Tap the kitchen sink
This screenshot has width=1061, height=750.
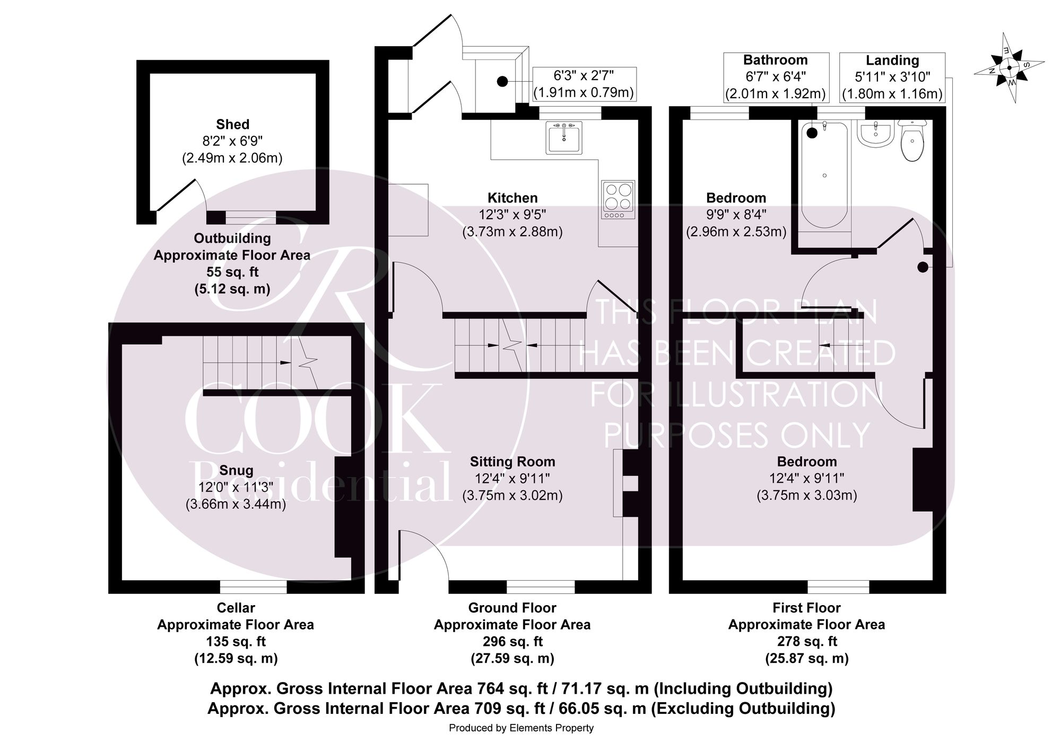[564, 137]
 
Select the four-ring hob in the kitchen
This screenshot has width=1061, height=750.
[618, 200]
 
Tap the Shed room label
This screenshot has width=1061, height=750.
[232, 124]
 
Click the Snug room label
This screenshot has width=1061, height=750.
[236, 470]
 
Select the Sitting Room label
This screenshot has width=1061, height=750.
[512, 462]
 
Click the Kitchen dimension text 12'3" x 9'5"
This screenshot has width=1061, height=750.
[512, 215]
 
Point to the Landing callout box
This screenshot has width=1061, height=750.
[892, 77]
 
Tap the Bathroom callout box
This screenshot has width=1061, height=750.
[776, 77]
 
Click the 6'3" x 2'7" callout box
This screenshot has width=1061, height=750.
[584, 84]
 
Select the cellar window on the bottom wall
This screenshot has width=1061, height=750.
[254, 587]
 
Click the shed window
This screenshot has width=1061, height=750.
[250, 218]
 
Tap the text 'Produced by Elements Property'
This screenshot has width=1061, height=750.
[521, 728]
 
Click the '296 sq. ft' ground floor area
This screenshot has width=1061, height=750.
[512, 642]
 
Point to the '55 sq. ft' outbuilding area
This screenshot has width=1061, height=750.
[232, 272]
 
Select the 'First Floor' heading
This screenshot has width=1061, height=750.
[806, 608]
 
